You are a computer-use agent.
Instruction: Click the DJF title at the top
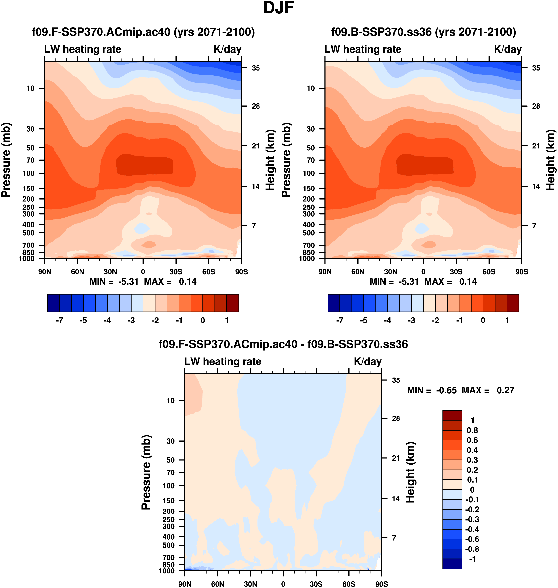(279, 8)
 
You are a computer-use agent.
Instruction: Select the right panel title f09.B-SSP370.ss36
(423, 32)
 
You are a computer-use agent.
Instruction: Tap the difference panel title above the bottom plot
(283, 344)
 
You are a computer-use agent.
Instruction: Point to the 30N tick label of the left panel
(110, 272)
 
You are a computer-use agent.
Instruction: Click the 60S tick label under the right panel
(489, 272)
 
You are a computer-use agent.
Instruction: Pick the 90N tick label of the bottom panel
(185, 584)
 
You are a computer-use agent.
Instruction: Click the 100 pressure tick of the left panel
(29, 173)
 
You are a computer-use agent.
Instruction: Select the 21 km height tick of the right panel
(536, 146)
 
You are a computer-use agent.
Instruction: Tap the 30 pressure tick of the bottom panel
(170, 441)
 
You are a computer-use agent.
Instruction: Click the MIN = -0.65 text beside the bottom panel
(432, 390)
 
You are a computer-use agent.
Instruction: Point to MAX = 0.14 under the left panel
(170, 282)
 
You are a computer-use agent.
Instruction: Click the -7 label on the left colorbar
(60, 321)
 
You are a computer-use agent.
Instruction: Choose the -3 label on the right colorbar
(411, 321)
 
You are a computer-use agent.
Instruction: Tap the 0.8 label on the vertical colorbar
(472, 430)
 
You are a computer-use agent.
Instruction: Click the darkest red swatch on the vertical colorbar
(452, 415)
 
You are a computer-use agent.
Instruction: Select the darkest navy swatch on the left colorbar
(54, 303)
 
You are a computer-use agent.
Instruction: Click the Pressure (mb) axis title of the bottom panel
(146, 472)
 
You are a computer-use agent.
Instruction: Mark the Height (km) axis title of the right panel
(550, 160)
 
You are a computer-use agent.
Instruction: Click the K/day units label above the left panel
(228, 49)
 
